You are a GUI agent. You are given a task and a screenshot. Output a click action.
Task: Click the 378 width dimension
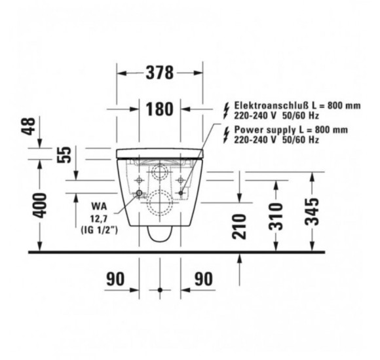160,73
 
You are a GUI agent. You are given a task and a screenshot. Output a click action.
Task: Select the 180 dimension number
160,109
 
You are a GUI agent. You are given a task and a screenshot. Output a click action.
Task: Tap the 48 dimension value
29,126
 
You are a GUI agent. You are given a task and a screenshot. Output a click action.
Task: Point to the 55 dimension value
64,154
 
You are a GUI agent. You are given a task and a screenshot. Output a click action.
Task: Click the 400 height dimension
39,206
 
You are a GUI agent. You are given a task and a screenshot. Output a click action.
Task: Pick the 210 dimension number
239,226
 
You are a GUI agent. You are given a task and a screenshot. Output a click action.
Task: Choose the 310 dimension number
276,217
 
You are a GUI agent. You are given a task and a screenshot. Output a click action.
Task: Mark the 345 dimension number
311,212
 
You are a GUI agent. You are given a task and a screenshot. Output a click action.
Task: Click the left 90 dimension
115,279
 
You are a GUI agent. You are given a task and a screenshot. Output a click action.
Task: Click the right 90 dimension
204,279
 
